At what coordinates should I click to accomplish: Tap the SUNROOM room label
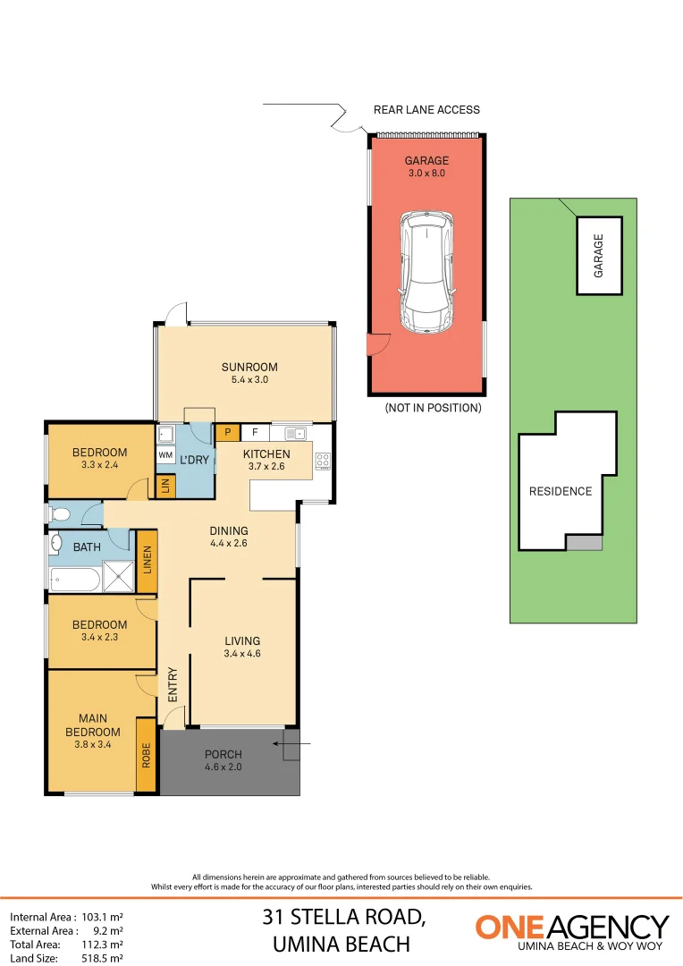pos(249,367)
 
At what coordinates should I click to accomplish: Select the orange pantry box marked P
pos(227,432)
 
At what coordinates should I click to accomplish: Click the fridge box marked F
pos(255,432)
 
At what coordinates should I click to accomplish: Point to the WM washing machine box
pos(165,455)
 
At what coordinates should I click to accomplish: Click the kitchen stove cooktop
pos(323,462)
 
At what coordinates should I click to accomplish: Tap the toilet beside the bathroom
pos(60,514)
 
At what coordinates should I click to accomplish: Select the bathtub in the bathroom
pos(75,580)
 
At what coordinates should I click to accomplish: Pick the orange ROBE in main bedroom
pos(146,755)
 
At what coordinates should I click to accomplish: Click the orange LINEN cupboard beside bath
pos(147,562)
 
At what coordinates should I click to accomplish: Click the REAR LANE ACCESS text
pos(426,110)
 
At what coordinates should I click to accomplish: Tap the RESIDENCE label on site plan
pos(560,491)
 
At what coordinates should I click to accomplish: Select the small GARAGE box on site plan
pos(599,255)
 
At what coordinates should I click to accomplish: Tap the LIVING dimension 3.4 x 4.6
pos(242,654)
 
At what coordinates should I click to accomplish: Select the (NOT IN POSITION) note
pos(433,408)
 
